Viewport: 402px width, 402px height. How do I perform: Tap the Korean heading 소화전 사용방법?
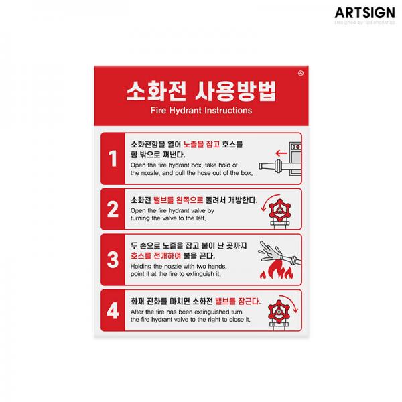tap(201, 91)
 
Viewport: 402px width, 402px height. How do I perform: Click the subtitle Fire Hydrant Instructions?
tap(201, 111)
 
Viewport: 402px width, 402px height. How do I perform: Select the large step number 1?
tap(113, 158)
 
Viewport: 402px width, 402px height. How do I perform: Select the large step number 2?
tap(113, 209)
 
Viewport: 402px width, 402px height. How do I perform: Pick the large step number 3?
tap(113, 259)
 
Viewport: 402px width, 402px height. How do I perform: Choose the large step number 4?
tap(113, 310)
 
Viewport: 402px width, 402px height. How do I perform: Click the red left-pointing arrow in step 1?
tap(281, 153)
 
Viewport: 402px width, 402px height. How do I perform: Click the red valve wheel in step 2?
tap(280, 210)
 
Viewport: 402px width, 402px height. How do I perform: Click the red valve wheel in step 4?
tap(279, 312)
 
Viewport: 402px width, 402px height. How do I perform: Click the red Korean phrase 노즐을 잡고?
tap(202, 144)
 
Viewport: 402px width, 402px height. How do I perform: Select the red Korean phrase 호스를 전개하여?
tap(155, 256)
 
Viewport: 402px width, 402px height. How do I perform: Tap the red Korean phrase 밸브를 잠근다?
tap(238, 301)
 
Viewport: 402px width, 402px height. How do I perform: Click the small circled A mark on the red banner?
tap(301, 73)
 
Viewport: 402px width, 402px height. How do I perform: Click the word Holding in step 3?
tap(141, 267)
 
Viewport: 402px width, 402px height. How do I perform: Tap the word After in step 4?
tap(137, 312)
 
